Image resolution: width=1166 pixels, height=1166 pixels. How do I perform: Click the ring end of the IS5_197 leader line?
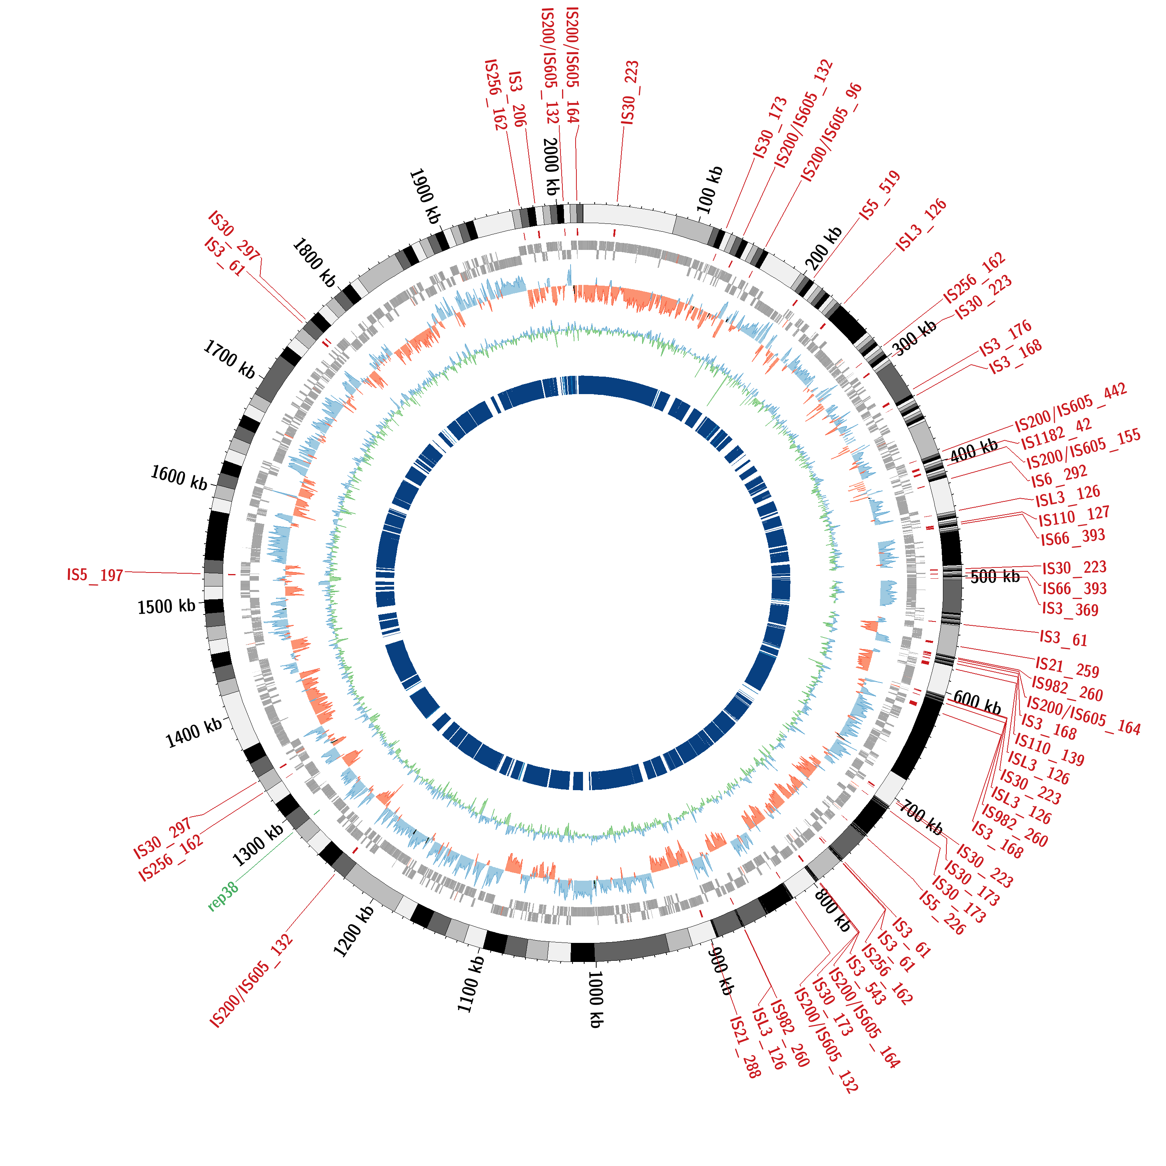coord(201,573)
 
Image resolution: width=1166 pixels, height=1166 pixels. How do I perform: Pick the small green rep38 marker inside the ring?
coord(316,812)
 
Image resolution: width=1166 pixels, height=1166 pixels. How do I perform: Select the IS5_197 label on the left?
coord(95,574)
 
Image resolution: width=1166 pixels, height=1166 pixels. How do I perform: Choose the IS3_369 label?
coord(1070,609)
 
